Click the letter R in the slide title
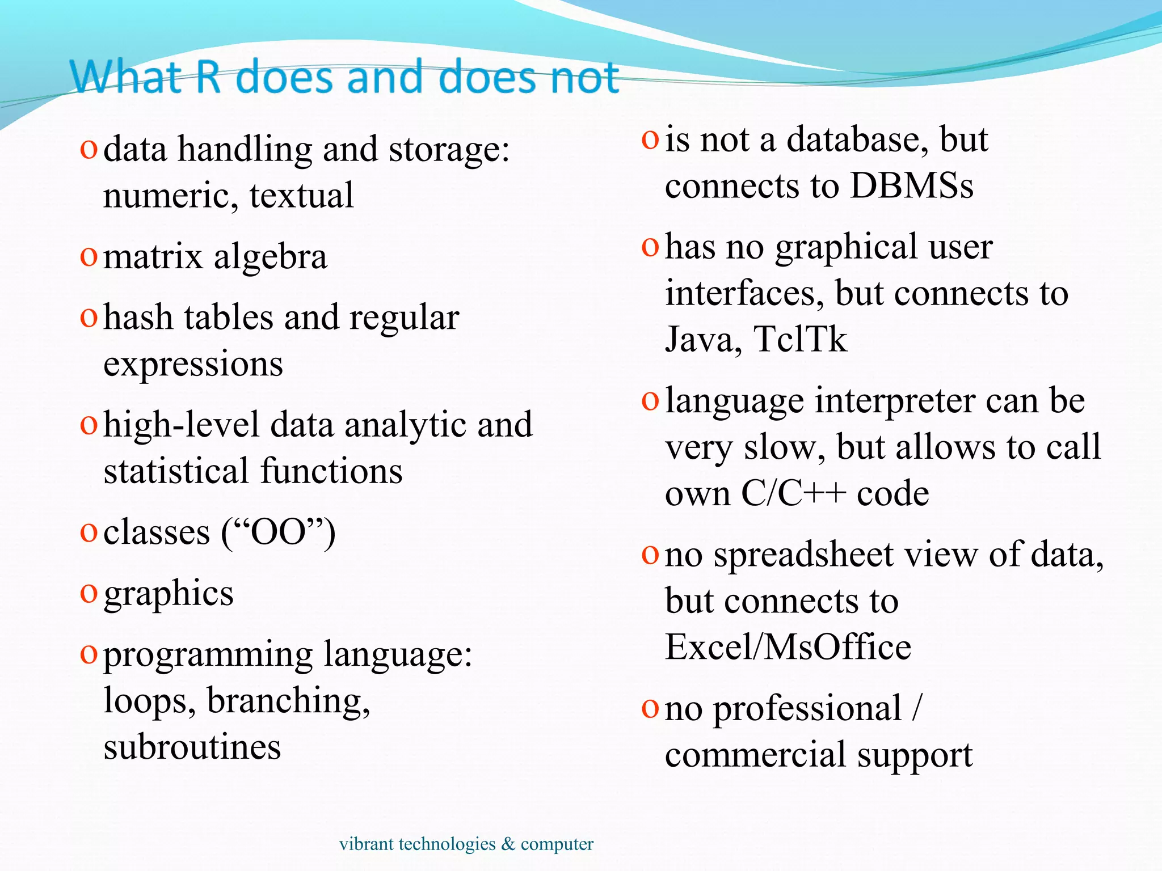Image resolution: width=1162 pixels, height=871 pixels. (x=208, y=77)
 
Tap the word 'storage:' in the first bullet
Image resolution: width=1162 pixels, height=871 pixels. (x=449, y=150)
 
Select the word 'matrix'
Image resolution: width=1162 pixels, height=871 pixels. (x=153, y=257)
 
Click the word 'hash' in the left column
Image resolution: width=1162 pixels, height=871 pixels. (x=138, y=318)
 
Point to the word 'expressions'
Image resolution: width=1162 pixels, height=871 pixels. (x=193, y=365)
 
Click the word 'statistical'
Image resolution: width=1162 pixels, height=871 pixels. (x=176, y=471)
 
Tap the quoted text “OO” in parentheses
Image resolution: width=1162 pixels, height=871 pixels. (x=277, y=532)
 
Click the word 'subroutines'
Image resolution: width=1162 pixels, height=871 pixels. (x=192, y=747)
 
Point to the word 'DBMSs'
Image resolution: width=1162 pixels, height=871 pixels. (x=912, y=186)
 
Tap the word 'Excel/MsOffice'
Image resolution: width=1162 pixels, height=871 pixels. (x=788, y=647)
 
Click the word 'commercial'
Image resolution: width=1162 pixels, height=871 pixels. (x=755, y=755)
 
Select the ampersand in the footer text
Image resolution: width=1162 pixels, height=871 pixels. (x=508, y=844)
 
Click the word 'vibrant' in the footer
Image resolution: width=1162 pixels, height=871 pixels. (x=367, y=844)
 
